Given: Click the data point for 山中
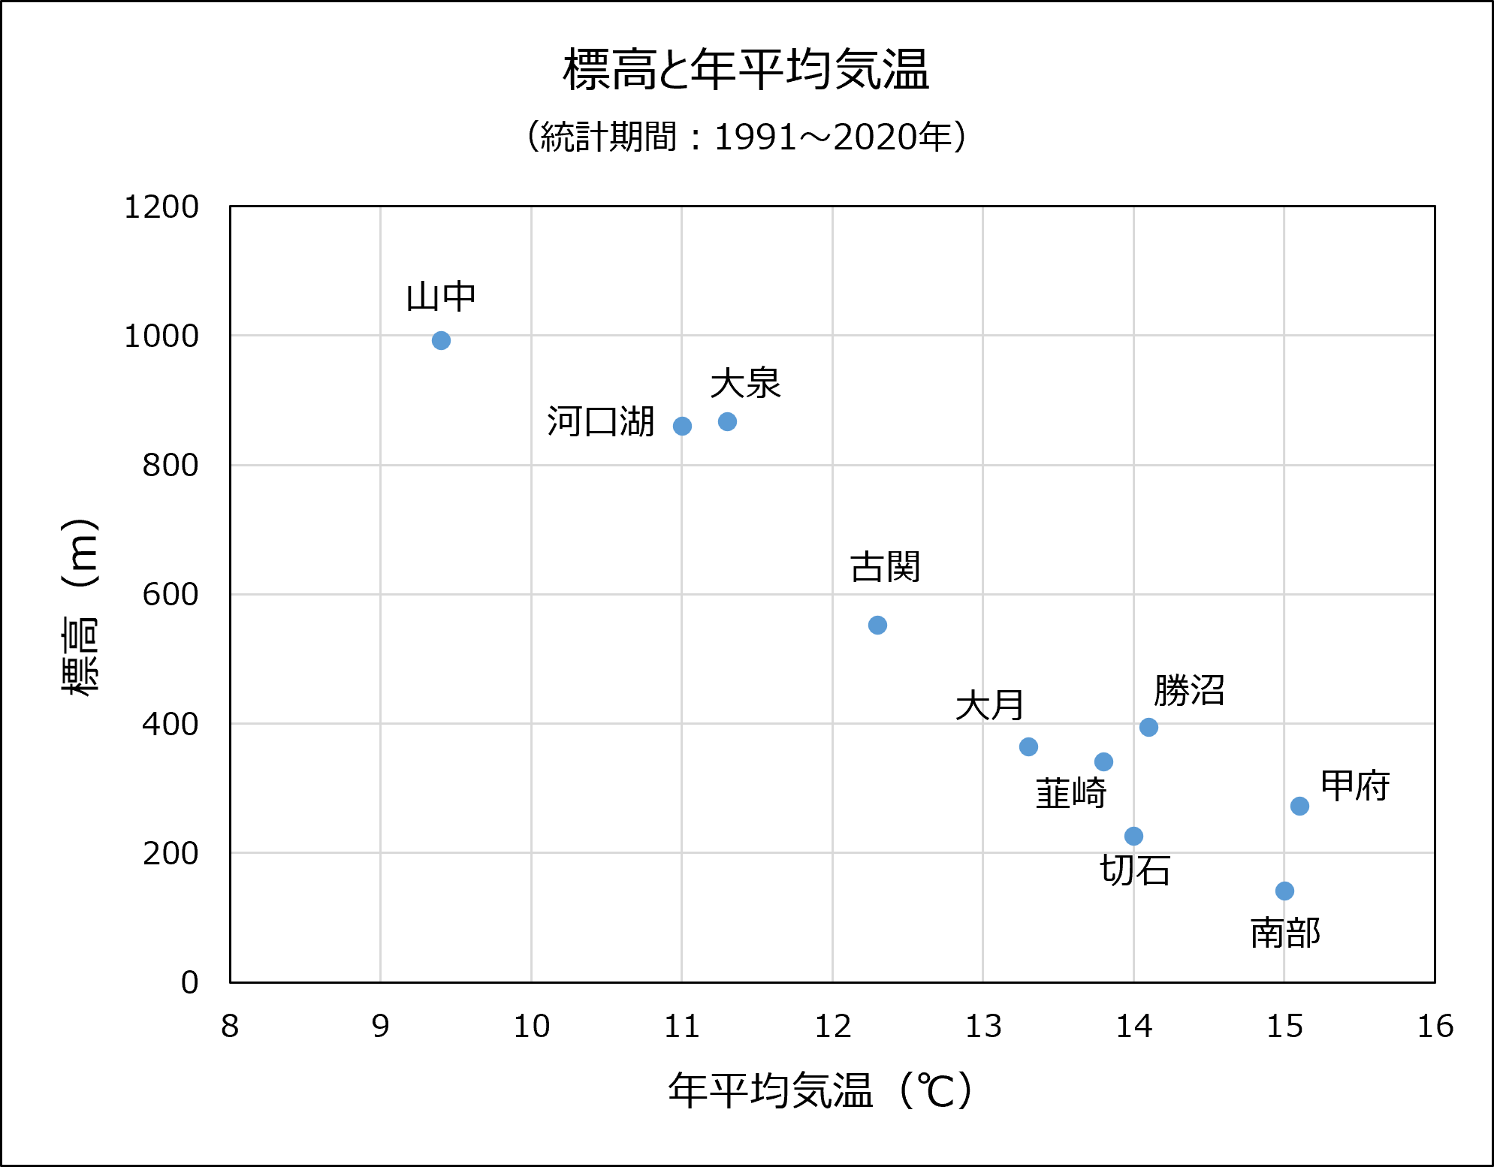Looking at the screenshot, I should pyautogui.click(x=441, y=341).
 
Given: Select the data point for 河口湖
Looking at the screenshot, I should pyautogui.click(x=682, y=427).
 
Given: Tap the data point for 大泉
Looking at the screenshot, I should pyautogui.click(x=727, y=422).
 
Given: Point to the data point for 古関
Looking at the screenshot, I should pyautogui.click(x=877, y=625).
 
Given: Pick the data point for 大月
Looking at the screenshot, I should pyautogui.click(x=1028, y=746).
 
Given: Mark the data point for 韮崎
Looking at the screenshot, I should pyautogui.click(x=1103, y=762).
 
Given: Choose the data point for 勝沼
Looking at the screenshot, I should pyautogui.click(x=1148, y=727).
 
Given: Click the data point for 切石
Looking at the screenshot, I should pyautogui.click(x=1133, y=836).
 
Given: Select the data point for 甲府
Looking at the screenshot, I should pyautogui.click(x=1299, y=806).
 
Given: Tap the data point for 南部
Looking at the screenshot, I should pyautogui.click(x=1284, y=891).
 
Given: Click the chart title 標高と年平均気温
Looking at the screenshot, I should pyautogui.click(x=746, y=70).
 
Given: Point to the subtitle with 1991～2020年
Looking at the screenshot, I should pyautogui.click(x=746, y=137).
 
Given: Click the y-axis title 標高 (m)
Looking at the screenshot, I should pyautogui.click(x=80, y=607).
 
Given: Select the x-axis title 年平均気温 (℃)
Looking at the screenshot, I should pyautogui.click(x=820, y=1090).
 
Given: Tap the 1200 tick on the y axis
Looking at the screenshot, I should pyautogui.click(x=161, y=207).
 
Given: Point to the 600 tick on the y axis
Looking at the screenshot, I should pyautogui.click(x=171, y=595).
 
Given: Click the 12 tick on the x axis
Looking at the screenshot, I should pyautogui.click(x=832, y=1027).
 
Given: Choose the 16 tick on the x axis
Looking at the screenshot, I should pyautogui.click(x=1435, y=1027).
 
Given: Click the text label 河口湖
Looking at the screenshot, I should pyautogui.click(x=601, y=421).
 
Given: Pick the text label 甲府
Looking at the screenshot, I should pyautogui.click(x=1355, y=786).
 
